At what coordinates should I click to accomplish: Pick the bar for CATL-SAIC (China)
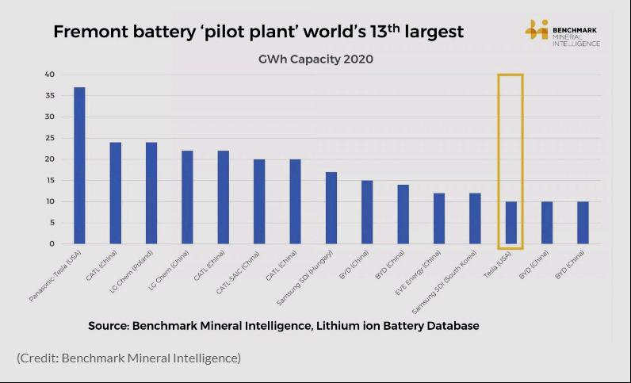pyautogui.click(x=259, y=201)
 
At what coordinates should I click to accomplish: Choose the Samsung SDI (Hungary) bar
pyautogui.click(x=331, y=208)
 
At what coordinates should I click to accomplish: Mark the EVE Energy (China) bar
pyautogui.click(x=439, y=218)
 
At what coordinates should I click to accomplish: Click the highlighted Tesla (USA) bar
pyautogui.click(x=511, y=223)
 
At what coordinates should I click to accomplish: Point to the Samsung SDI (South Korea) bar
pyautogui.click(x=475, y=218)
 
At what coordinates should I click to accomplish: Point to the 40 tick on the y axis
pyautogui.click(x=49, y=75)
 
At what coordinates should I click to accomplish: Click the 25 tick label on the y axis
pyautogui.click(x=49, y=138)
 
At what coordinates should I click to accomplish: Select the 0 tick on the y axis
pyautogui.click(x=52, y=244)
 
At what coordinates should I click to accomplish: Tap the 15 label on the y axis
pyautogui.click(x=49, y=181)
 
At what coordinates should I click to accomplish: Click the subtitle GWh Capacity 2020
pyautogui.click(x=315, y=59)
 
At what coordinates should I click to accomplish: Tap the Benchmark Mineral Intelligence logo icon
pyautogui.click(x=537, y=31)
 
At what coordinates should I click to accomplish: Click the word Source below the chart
pyautogui.click(x=108, y=326)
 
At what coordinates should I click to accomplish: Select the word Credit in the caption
pyautogui.click(x=41, y=358)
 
